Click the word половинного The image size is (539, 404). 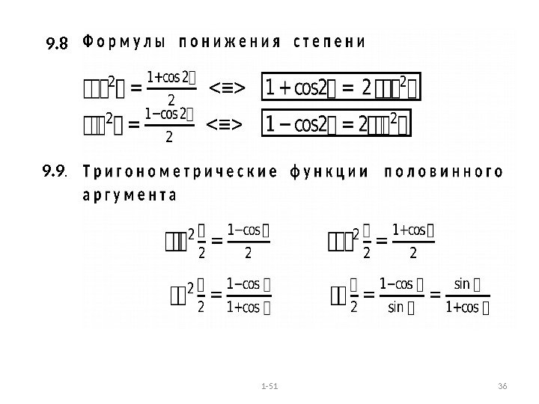pos(442,172)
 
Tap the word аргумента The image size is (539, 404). pos(127,197)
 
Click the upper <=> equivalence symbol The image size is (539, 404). pos(226,89)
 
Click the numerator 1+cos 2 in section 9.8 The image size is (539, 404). pos(171,77)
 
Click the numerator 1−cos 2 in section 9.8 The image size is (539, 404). pos(169,114)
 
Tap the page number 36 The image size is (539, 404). pos(502,385)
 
